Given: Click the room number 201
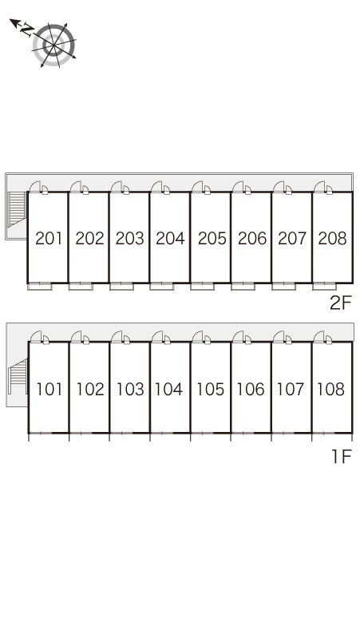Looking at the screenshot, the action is pos(49,239).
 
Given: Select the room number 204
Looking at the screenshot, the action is pos(170,239).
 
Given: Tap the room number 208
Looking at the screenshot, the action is pos(332,239).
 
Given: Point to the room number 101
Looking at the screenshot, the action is pos(49,390).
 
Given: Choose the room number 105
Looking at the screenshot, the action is pos(211,390).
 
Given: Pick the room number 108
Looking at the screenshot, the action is pos(331,390).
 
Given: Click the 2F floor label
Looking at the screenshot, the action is pos(340,303).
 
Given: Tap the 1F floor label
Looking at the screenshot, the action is pos(341,457).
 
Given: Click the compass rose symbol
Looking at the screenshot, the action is pos(54,45).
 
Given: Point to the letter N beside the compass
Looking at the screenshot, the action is pos(27,30).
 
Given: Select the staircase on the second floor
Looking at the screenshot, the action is pos(17,209).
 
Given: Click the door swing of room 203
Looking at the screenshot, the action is pos(117,187).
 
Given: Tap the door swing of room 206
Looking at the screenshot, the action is pos(238,187).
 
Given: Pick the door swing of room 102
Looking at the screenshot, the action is pos(77,336).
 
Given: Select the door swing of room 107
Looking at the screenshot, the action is pos(279,336).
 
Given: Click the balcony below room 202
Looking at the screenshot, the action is pos(81,287).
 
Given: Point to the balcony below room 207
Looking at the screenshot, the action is pos(283,287).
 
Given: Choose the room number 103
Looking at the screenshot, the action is pos(130,390).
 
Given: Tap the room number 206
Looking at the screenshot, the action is pos(252,239).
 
